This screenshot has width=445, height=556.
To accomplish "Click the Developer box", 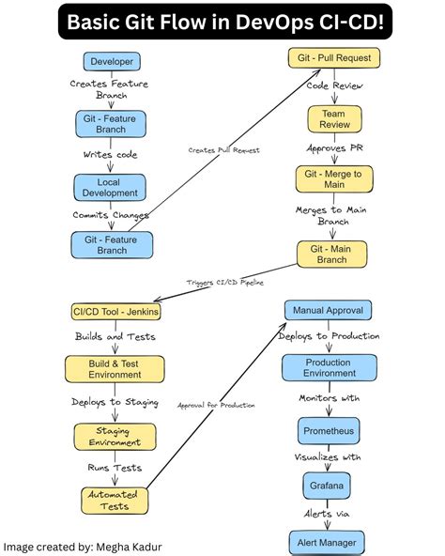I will [x=112, y=62].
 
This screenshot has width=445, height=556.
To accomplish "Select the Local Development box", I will [x=112, y=186].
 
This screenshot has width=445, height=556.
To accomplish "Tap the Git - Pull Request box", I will [x=333, y=58].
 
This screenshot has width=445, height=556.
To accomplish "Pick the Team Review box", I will [x=333, y=119].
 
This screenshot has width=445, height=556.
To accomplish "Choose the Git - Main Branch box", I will [x=333, y=254].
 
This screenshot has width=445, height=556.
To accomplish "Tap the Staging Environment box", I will [x=112, y=436].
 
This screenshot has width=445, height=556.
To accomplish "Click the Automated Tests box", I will [x=112, y=500].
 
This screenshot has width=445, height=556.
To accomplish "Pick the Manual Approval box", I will [x=329, y=310].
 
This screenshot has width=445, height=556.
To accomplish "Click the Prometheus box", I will [x=329, y=431].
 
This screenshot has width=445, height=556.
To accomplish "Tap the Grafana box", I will [x=329, y=486].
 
